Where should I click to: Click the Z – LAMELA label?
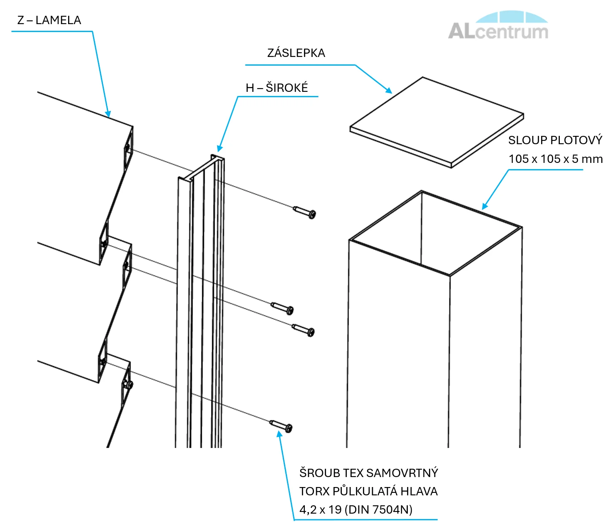pyautogui.click(x=49, y=20)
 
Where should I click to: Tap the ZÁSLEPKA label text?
pyautogui.click(x=296, y=53)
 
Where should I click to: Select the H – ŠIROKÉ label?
pyautogui.click(x=277, y=88)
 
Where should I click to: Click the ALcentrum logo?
pyautogui.click(x=498, y=25)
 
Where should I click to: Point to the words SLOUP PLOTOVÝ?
pyautogui.click(x=555, y=140)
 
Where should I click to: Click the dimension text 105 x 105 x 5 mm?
pyautogui.click(x=556, y=159)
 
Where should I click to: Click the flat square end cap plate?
pyautogui.click(x=436, y=123)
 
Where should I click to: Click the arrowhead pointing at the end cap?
pyautogui.click(x=388, y=91)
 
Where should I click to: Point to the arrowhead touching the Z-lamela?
pyautogui.click(x=108, y=114)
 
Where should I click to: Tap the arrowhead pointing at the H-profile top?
pyautogui.click(x=220, y=148)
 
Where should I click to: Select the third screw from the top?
pyautogui.click(x=303, y=330)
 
